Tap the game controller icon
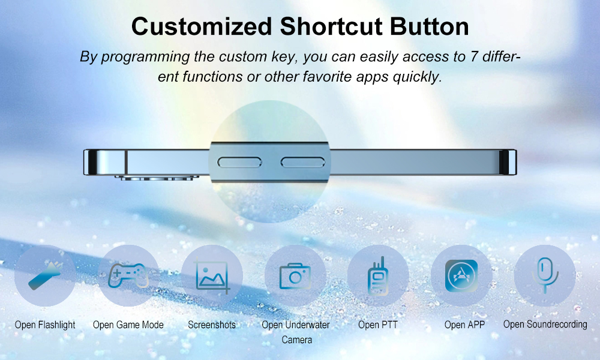tap(128, 275)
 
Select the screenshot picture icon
tap(212, 276)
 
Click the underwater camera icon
tap(295, 276)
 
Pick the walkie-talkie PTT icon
tap(378, 276)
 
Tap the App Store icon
tap(461, 276)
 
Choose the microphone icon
tap(545, 275)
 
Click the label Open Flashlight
tap(45, 325)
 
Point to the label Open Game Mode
tap(128, 325)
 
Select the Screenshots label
tap(212, 325)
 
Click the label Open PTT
tap(378, 325)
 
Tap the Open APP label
tap(464, 325)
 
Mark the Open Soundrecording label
tap(545, 325)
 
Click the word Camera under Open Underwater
tap(296, 340)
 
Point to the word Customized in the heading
tap(202, 26)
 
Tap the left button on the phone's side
tap(239, 162)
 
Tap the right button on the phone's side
tap(302, 162)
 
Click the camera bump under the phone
tap(157, 178)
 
